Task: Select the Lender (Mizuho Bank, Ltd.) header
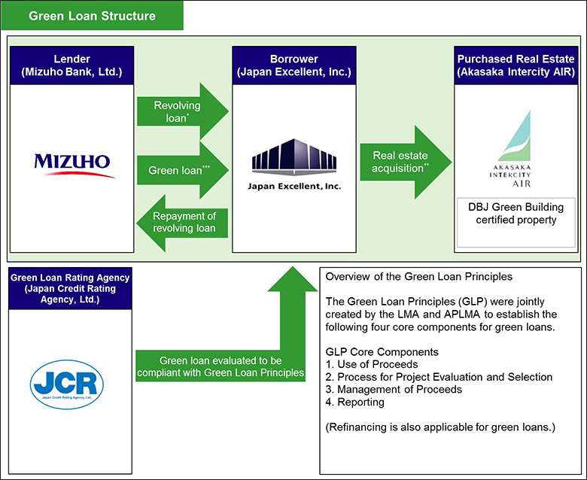tap(72, 65)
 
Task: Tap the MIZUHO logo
tap(72, 162)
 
